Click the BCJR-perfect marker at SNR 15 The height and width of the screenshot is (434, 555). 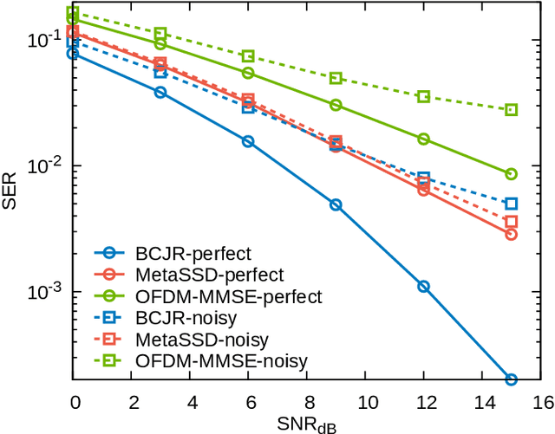point(511,379)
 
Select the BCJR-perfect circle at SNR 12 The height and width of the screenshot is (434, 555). point(423,286)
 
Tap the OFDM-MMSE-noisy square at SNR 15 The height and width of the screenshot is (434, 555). point(511,110)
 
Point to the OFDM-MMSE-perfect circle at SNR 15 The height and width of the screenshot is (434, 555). point(511,174)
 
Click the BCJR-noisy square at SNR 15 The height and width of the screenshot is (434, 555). point(511,204)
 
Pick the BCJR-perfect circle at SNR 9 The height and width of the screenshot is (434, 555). point(336,205)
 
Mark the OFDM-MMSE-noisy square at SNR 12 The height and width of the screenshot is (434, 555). point(423,96)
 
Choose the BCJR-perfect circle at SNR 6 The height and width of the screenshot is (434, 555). point(248,141)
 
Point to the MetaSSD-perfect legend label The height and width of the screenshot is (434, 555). point(209,275)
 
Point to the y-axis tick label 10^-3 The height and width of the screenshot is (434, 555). point(42,292)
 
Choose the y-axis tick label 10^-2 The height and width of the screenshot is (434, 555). point(42,165)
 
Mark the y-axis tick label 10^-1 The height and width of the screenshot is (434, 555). point(42,40)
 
